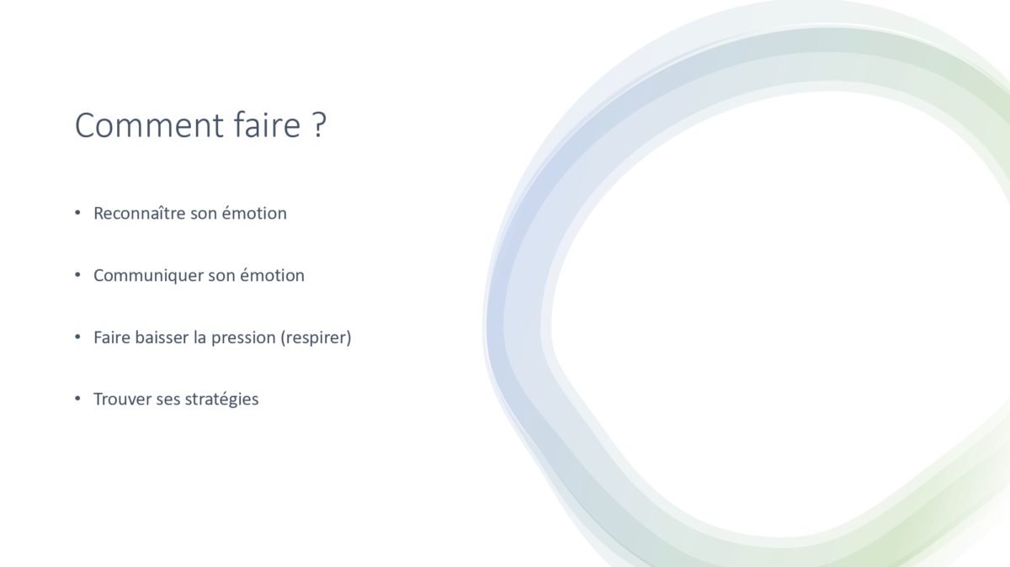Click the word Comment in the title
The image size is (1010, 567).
[149, 125]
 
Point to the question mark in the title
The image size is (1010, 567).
[318, 125]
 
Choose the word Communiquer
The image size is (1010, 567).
[148, 275]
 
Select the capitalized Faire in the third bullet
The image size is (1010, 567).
[111, 337]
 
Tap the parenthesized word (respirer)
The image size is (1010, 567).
[316, 337]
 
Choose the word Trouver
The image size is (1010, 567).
[122, 400]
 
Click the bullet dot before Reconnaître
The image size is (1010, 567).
[77, 212]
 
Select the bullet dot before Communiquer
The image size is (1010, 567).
[77, 274]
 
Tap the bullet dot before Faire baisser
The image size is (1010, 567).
[77, 336]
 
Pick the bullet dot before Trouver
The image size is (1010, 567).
[77, 399]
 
